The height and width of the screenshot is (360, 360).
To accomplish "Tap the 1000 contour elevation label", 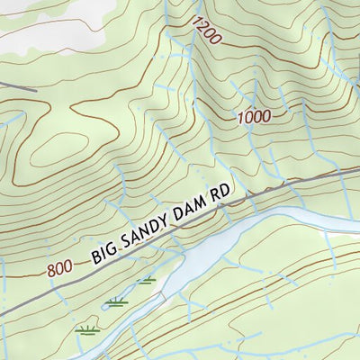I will [x=254, y=116].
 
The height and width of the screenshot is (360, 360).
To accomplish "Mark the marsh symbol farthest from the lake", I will [x=86, y=329].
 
